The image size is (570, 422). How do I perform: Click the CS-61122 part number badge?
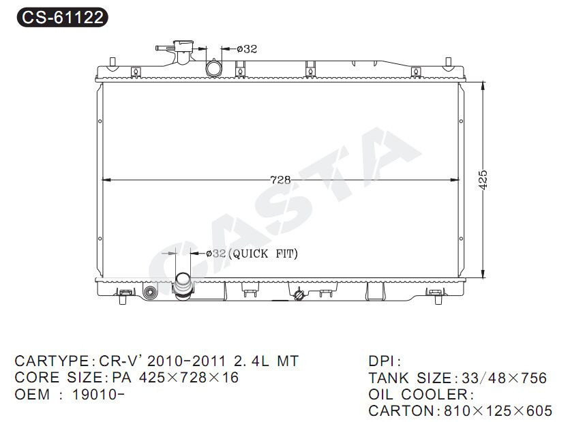pos(63,17)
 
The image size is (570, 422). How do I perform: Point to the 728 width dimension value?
pos(280,180)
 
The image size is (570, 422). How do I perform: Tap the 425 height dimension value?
pos(483,179)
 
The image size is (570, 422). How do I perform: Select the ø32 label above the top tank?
pos(247,48)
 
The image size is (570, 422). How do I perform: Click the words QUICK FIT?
pos(265,254)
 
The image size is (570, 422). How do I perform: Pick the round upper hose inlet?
pos(214,68)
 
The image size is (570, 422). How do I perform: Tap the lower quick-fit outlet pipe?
pos(183,286)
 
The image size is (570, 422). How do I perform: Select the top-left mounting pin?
pos(112,62)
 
